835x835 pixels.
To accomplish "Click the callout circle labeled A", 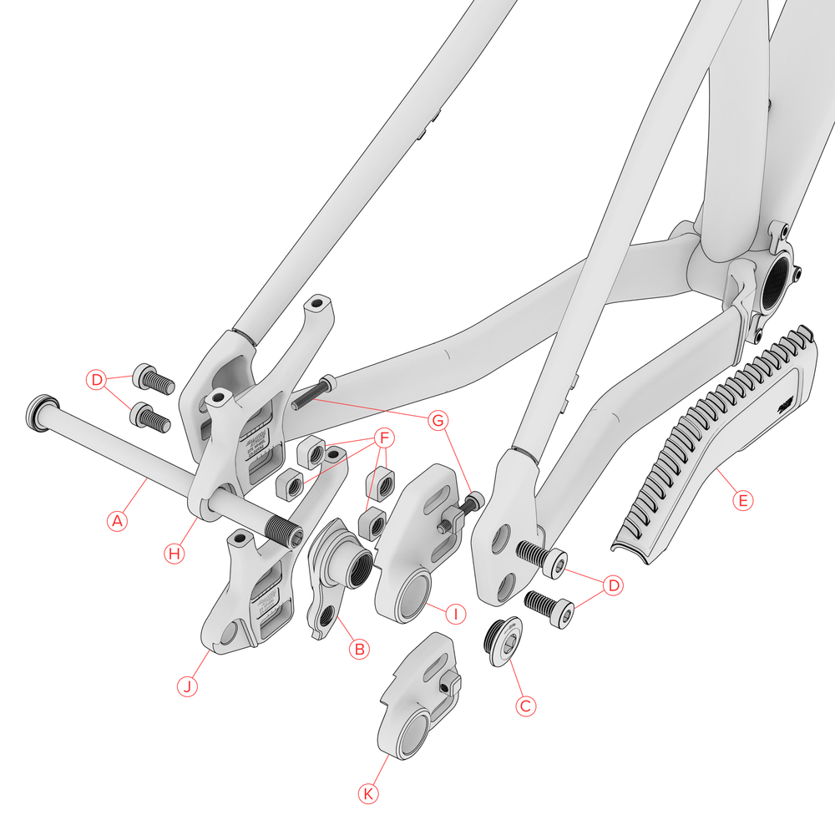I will [118, 521].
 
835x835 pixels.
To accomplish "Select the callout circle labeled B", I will [358, 649].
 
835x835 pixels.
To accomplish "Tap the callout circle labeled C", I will [525, 706].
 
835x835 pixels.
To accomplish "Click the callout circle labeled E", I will [741, 501].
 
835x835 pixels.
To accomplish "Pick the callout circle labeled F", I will [383, 438].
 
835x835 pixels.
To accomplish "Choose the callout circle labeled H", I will [174, 553].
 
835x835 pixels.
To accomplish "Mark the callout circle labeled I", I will [455, 615].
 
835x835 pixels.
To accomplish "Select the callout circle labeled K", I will [368, 794].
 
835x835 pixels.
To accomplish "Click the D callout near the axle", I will [98, 381].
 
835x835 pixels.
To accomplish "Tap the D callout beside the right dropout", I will [614, 585].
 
